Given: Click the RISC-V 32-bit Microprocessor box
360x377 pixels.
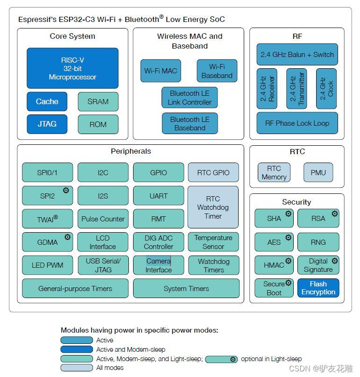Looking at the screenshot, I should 72,68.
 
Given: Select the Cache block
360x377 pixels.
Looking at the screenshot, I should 47,101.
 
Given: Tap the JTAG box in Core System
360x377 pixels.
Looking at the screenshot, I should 47,124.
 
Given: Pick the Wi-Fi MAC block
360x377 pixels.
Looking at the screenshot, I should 160,71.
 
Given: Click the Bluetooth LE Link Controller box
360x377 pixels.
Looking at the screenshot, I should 190,98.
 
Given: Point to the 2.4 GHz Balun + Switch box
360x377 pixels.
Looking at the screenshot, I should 297,55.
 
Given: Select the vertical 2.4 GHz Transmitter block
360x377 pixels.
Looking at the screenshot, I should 296,89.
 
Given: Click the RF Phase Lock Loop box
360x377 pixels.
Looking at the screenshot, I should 297,123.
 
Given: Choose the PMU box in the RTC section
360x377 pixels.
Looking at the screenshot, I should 318,172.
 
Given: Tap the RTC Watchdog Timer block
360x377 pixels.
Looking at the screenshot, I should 213,207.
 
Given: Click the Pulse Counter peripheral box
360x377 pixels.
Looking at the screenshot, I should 103,219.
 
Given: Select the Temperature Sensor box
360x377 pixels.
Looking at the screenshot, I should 213,242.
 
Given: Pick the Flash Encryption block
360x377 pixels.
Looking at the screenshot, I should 318,288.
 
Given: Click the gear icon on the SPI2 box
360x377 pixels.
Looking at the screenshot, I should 66,190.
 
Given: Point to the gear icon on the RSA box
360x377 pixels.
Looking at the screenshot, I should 335,213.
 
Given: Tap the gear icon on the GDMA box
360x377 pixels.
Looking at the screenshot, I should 67,237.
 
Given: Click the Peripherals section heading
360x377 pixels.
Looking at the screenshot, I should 131,151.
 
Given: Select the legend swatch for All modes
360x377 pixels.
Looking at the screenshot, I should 77,368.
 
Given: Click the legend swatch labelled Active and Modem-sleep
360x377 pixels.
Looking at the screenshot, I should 77,349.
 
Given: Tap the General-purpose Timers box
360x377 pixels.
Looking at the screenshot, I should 75,288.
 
